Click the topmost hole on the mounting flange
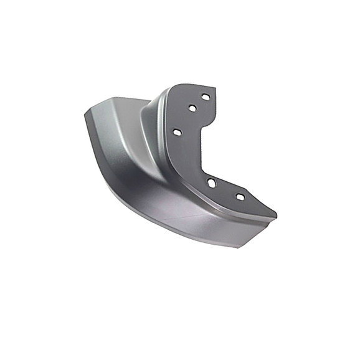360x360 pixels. pyautogui.click(x=205, y=97)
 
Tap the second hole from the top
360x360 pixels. pyautogui.click(x=192, y=108)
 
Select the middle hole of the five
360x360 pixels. pyautogui.click(x=177, y=132)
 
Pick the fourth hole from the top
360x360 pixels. pyautogui.click(x=211, y=182)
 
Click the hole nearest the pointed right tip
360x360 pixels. pyautogui.click(x=240, y=197)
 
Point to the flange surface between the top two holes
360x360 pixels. pyautogui.click(x=199, y=103)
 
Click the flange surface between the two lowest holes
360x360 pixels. pyautogui.click(x=225, y=190)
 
